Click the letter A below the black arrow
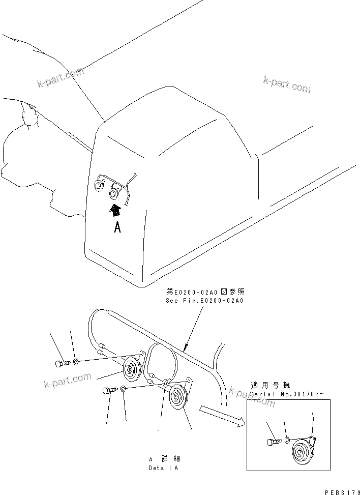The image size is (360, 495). (x=117, y=228)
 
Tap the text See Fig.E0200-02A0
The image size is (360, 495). (x=205, y=301)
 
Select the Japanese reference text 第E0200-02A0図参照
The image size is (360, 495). (x=205, y=292)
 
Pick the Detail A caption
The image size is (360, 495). (x=163, y=468)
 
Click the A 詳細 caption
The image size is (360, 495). (x=163, y=458)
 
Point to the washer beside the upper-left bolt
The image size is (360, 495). (x=75, y=362)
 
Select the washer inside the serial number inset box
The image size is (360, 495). (x=287, y=440)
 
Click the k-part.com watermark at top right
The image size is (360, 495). (x=287, y=84)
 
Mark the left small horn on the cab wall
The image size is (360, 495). (x=99, y=186)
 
